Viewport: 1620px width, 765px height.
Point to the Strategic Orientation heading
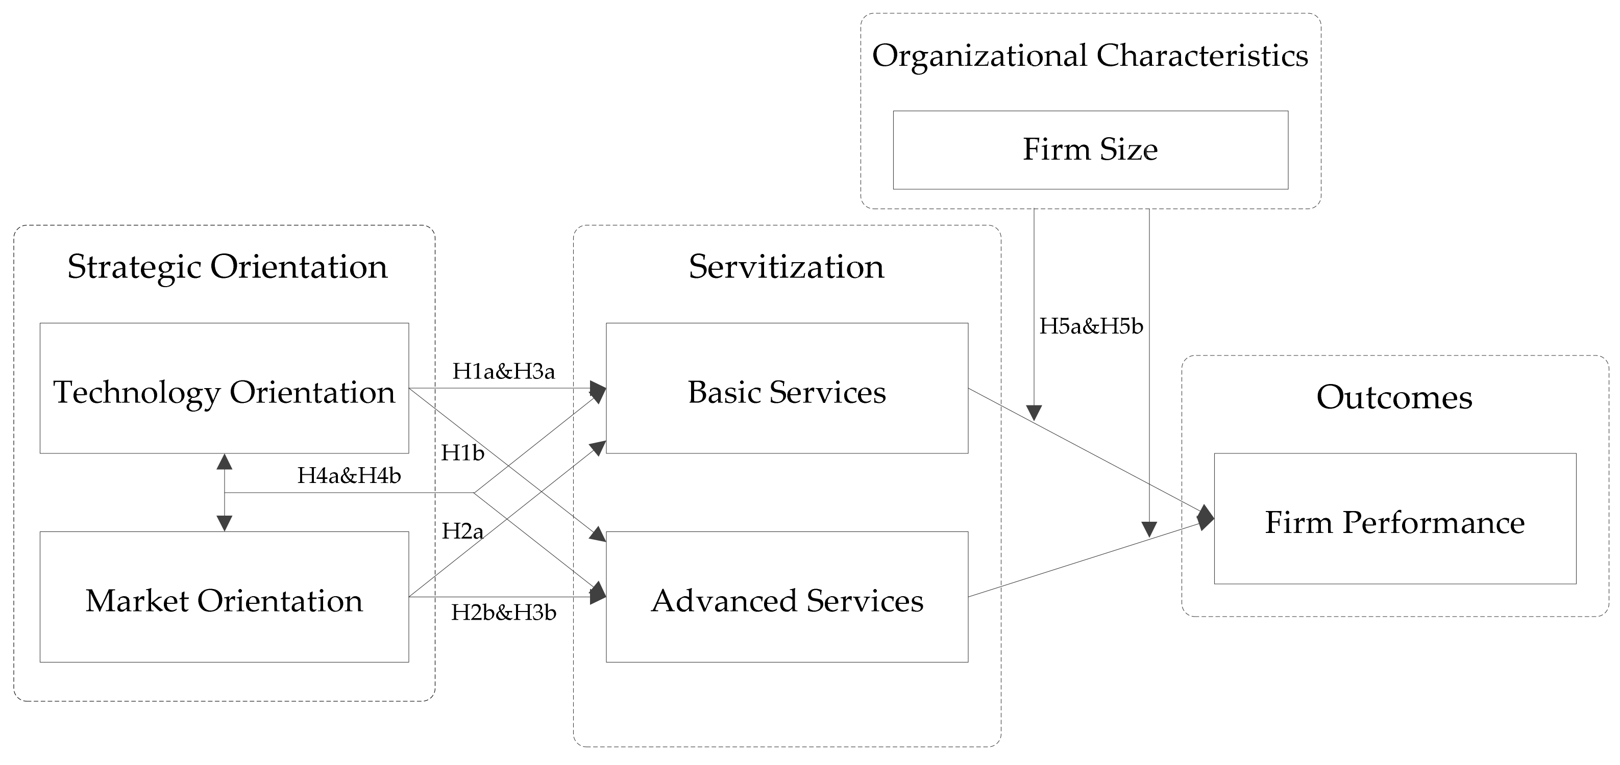[227, 267]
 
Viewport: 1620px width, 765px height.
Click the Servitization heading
[786, 267]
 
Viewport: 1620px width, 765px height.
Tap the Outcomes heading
[1394, 397]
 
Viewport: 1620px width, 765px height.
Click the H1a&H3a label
[503, 371]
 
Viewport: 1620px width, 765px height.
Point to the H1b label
[462, 452]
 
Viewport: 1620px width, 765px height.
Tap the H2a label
[462, 531]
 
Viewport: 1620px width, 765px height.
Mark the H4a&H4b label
[349, 476]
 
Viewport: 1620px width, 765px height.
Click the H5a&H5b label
[1091, 326]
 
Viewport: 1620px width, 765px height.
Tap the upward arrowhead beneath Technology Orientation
[225, 462]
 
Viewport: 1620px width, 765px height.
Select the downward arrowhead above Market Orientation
[225, 523]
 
